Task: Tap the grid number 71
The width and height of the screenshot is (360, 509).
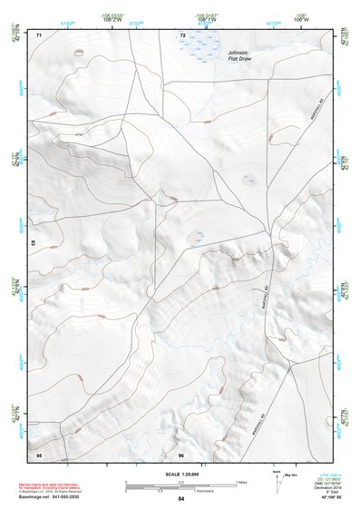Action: pos(39,35)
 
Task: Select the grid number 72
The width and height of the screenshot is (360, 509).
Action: pos(182,35)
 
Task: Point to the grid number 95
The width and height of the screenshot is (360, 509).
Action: pos(39,454)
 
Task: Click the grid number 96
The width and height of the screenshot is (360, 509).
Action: pos(181,454)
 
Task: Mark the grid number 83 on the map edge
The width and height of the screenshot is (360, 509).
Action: pos(34,244)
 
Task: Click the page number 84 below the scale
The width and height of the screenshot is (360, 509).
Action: pos(181,499)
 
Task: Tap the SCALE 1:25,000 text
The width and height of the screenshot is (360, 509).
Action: pos(181,475)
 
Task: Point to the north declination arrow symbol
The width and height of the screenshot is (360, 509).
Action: pos(277,477)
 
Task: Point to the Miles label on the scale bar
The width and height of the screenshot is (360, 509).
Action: pos(241,481)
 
